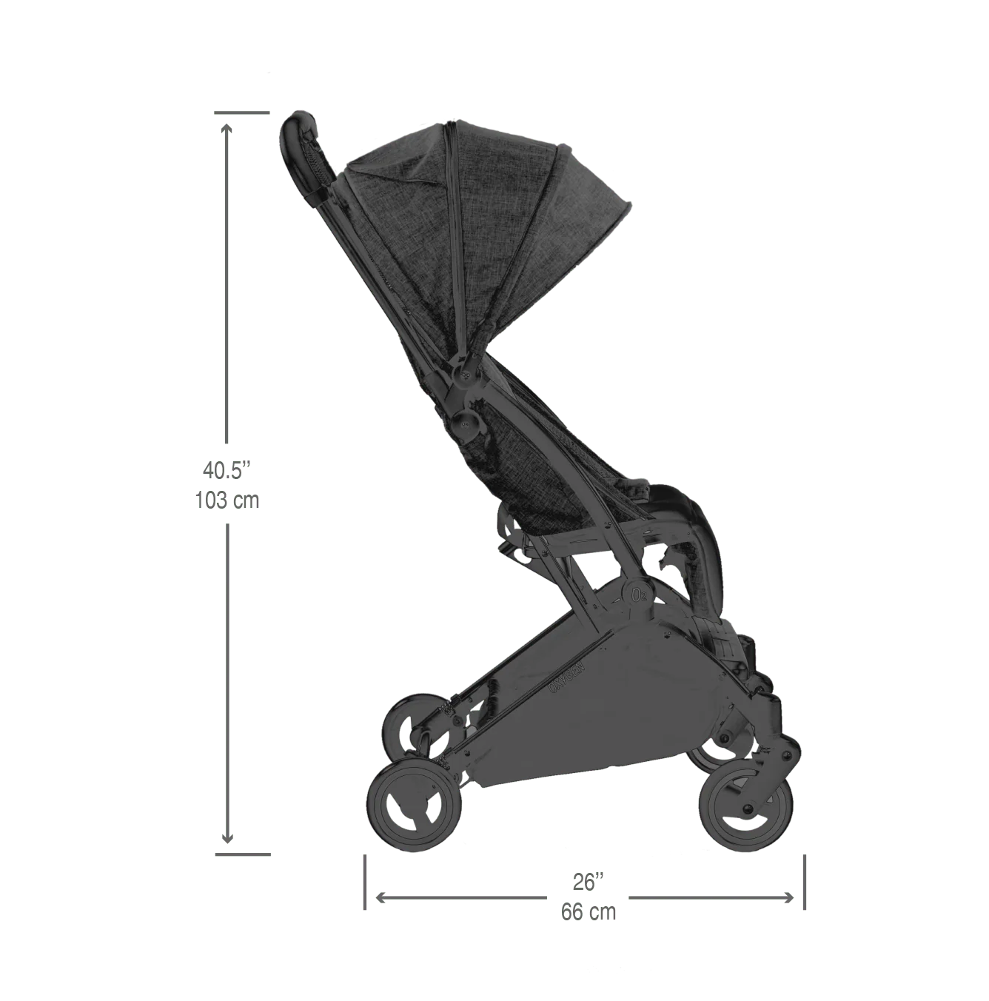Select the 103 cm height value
click(x=228, y=500)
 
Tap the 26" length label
click(x=589, y=883)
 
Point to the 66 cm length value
click(x=589, y=912)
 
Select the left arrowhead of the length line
click(x=381, y=897)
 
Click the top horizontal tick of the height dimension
click(x=242, y=113)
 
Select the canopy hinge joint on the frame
click(x=467, y=374)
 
